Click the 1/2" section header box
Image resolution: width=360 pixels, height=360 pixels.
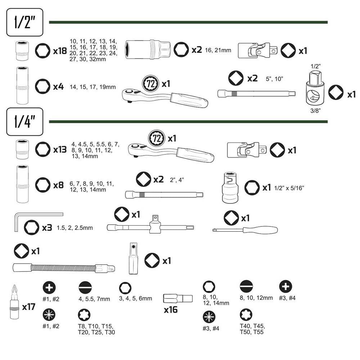point(25,22)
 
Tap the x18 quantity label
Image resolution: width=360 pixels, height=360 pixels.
point(60,51)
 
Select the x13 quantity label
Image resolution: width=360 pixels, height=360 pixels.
point(60,149)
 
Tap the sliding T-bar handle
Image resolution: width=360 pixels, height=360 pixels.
point(150,227)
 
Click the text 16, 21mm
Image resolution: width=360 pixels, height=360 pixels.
point(218,50)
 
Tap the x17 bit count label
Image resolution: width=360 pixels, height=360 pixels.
point(28,307)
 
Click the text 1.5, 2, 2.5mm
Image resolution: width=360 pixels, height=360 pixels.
point(75,228)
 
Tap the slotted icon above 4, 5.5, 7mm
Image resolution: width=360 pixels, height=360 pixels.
point(85,288)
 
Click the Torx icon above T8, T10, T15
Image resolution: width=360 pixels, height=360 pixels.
point(84,315)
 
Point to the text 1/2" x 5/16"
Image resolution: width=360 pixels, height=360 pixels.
point(289,188)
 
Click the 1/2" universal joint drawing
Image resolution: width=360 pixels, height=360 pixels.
point(257,50)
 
